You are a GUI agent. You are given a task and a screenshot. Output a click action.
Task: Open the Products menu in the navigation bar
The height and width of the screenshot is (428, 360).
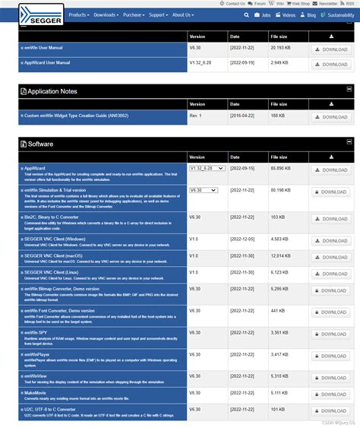click(78, 14)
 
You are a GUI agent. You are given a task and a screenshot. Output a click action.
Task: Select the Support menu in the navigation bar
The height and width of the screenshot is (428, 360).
click(158, 14)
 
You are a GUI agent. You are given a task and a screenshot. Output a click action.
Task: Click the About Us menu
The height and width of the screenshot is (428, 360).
click(182, 14)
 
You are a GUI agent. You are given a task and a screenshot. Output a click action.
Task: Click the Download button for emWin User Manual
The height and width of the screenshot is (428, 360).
click(330, 49)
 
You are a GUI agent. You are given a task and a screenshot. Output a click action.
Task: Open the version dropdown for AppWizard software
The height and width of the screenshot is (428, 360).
click(207, 168)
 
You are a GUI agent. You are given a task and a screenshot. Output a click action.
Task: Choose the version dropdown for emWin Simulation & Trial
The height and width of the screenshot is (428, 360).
click(204, 190)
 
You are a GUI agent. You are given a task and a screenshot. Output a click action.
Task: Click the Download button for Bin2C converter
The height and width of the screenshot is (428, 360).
click(330, 220)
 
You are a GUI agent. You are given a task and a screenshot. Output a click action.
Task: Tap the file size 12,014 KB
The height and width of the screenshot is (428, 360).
click(279, 255)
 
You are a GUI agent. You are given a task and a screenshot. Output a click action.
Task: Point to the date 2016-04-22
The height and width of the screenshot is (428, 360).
click(242, 116)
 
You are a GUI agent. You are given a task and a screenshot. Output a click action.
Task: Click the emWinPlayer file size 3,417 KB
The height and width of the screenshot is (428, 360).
click(279, 354)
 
